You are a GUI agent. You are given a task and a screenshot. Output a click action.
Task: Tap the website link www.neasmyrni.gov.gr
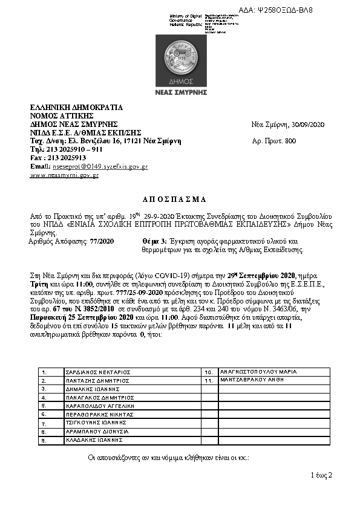point(64,175)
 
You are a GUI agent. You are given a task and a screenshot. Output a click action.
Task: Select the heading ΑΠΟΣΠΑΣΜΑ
point(178,199)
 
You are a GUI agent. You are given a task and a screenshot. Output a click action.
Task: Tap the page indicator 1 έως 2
point(321,475)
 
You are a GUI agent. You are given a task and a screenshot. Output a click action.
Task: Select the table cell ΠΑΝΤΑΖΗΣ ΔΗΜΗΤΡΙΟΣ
point(97,381)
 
